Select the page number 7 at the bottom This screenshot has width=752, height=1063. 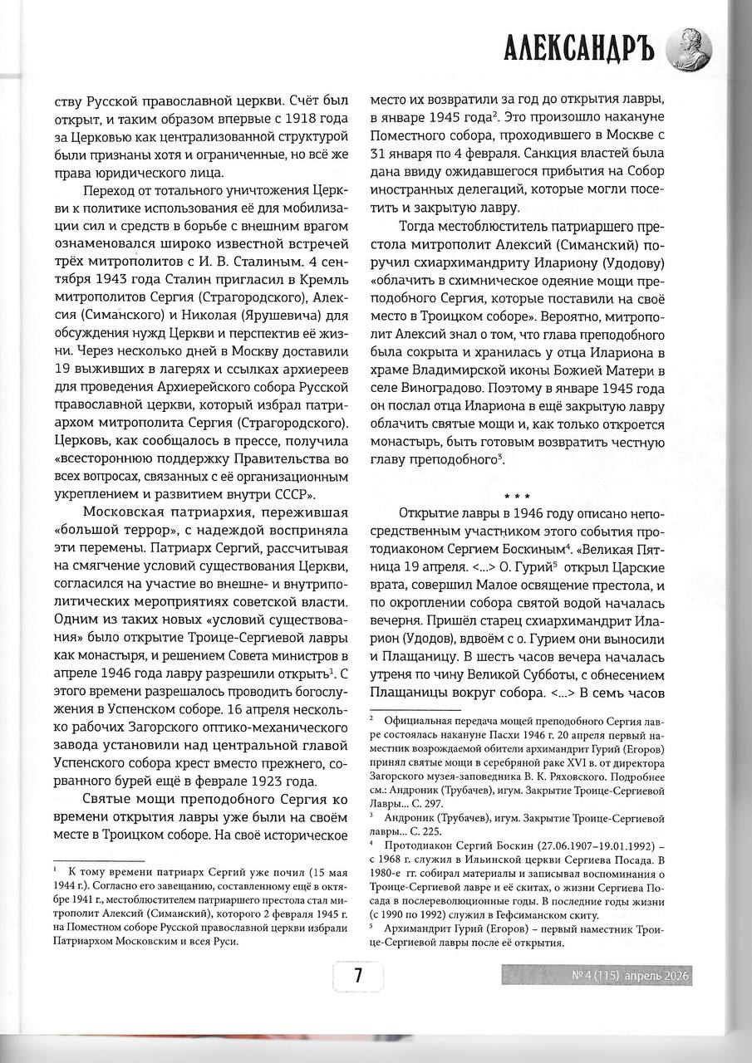tap(357, 977)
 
